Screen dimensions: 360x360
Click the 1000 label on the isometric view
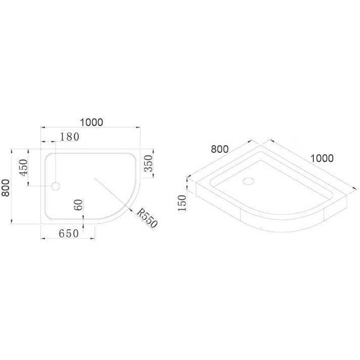[321, 158]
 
